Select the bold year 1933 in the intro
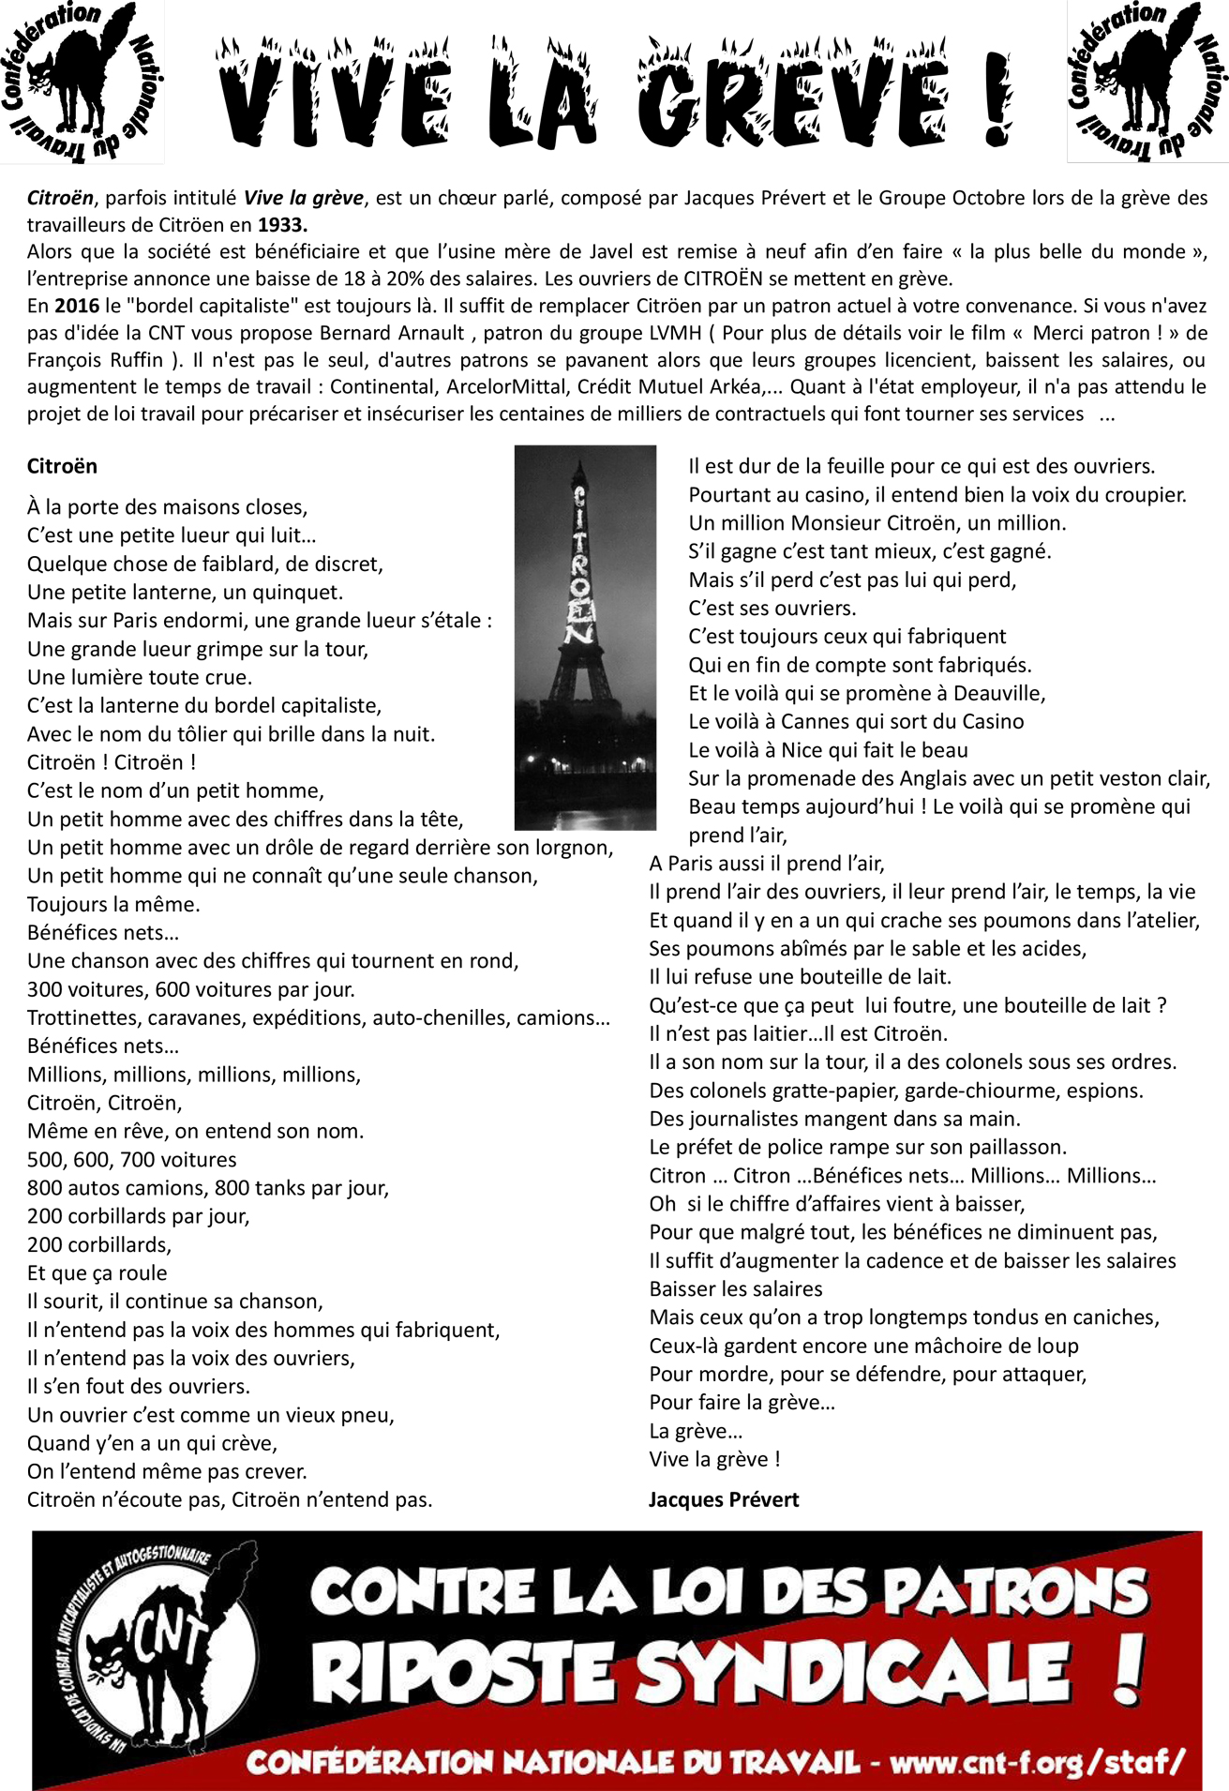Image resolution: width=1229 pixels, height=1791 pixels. click(x=282, y=225)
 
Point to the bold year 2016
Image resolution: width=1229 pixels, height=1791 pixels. click(x=77, y=306)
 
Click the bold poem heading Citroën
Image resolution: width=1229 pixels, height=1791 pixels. click(x=62, y=466)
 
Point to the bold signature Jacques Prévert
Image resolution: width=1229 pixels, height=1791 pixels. click(x=724, y=1499)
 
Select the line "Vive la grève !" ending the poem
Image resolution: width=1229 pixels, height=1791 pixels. click(x=714, y=1459)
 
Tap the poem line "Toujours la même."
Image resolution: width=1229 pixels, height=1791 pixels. click(x=113, y=905)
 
